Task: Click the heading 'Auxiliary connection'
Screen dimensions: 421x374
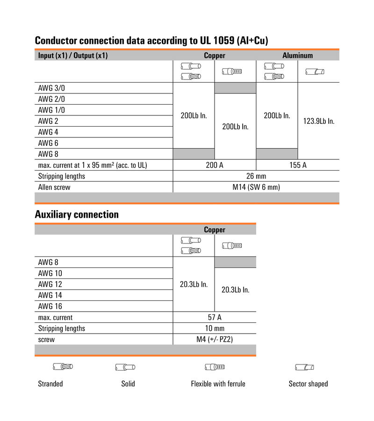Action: pyautogui.click(x=77, y=214)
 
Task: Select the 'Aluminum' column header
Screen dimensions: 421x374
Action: pyautogui.click(x=297, y=55)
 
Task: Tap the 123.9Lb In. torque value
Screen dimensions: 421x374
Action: pyautogui.click(x=319, y=121)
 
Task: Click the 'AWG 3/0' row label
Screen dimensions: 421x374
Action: pyautogui.click(x=51, y=88)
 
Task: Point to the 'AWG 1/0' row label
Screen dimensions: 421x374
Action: pyautogui.click(x=51, y=110)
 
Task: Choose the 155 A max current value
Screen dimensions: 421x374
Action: pyautogui.click(x=298, y=165)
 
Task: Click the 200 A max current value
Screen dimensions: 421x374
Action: pyautogui.click(x=214, y=165)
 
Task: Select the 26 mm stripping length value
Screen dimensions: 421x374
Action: pyautogui.click(x=256, y=176)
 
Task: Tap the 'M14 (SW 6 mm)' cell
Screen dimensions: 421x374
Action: pyautogui.click(x=256, y=187)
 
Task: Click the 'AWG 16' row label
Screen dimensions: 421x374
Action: pyautogui.click(x=50, y=306)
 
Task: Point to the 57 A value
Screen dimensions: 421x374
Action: pyautogui.click(x=215, y=317)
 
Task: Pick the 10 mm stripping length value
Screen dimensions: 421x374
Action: pyautogui.click(x=215, y=328)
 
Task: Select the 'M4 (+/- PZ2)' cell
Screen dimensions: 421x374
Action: pyautogui.click(x=215, y=339)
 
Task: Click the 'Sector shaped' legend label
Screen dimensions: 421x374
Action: pyautogui.click(x=308, y=384)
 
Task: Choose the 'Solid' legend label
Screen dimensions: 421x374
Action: pyautogui.click(x=128, y=384)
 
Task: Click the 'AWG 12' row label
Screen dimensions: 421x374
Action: pyautogui.click(x=50, y=284)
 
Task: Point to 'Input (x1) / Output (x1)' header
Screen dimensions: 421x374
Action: pyautogui.click(x=73, y=55)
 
